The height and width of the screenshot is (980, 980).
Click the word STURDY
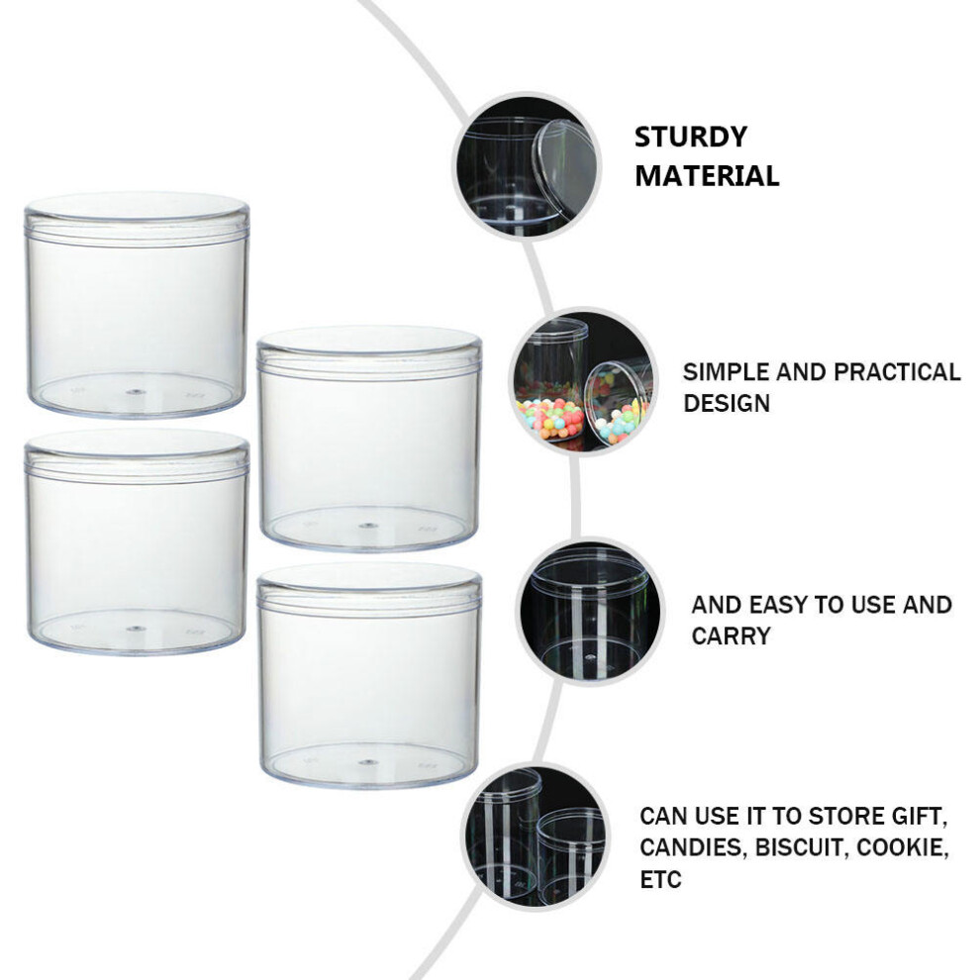(691, 137)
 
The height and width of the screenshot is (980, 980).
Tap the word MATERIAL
(707, 175)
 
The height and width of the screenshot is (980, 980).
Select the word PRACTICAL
(897, 372)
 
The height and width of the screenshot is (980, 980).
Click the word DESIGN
(727, 403)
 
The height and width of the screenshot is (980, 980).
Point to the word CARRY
(731, 636)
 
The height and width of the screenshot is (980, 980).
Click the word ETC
(660, 879)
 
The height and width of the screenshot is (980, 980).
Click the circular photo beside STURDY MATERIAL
(527, 165)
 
